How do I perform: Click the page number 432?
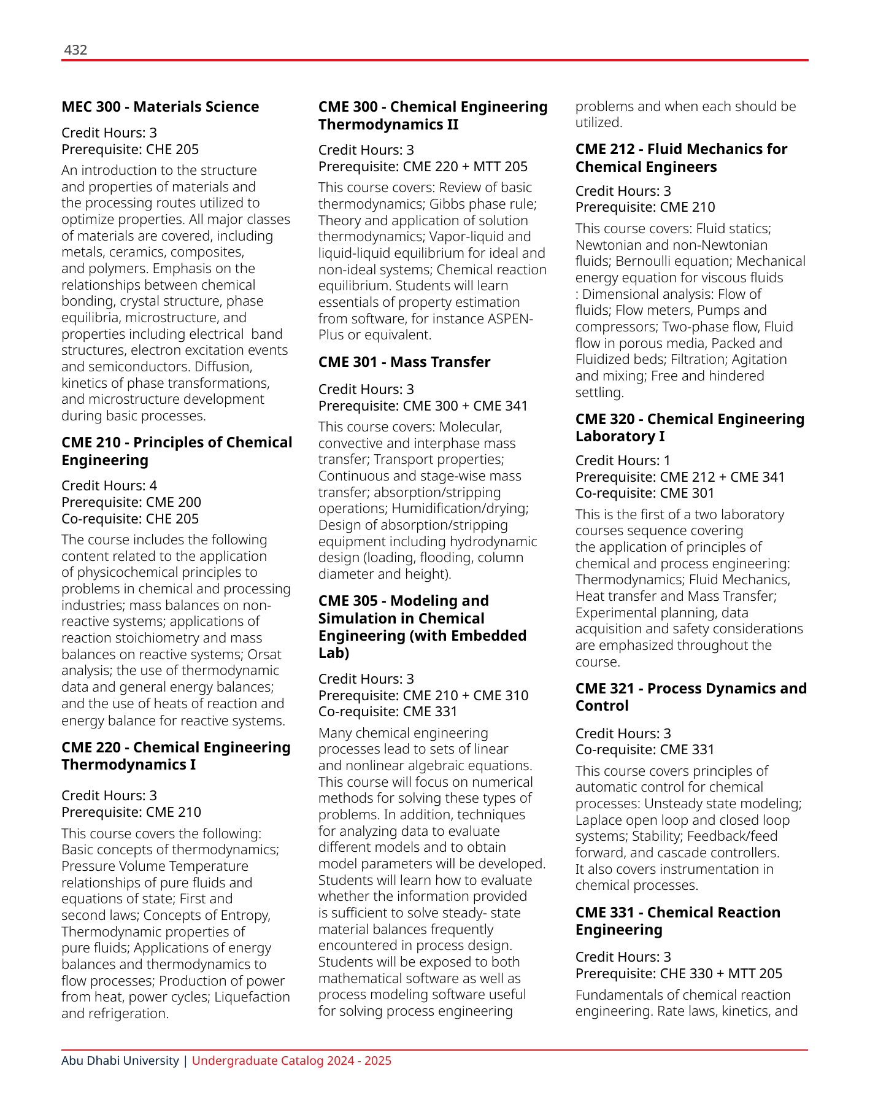(75, 50)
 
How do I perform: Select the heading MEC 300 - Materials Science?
(160, 107)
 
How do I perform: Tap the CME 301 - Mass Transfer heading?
(404, 362)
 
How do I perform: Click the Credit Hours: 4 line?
(109, 485)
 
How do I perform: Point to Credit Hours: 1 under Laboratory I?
(623, 460)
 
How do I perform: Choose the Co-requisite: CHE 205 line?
(130, 519)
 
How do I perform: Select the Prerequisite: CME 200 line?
(131, 502)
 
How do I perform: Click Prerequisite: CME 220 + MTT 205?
(423, 166)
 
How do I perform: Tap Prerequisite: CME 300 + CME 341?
(423, 406)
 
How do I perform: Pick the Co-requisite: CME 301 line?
(645, 493)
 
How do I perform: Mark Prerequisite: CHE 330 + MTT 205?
(679, 973)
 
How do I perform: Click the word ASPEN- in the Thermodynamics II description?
(510, 319)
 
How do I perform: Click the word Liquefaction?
(252, 997)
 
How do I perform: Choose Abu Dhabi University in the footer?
(120, 1060)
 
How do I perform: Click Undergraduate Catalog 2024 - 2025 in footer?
(291, 1060)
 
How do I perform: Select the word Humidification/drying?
(460, 508)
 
